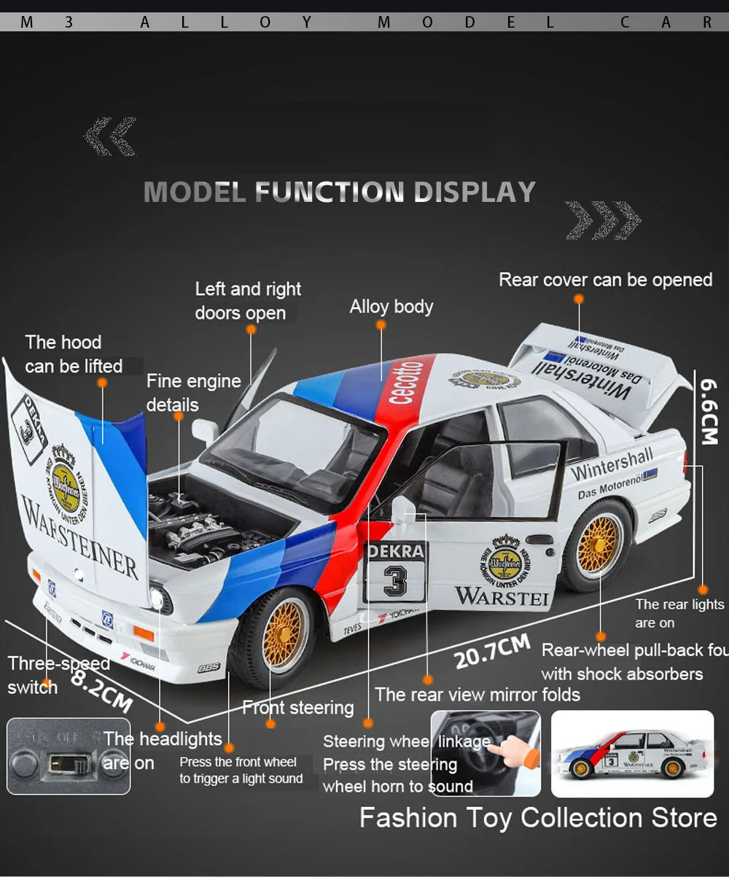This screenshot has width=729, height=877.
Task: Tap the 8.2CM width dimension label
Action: click(x=102, y=690)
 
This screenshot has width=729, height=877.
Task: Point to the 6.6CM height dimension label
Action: click(x=709, y=410)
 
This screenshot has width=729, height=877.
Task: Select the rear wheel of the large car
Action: click(x=599, y=545)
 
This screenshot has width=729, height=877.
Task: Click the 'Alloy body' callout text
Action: click(x=391, y=306)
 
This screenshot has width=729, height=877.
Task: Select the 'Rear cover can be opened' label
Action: click(x=605, y=280)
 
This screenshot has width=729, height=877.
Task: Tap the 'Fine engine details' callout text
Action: click(x=193, y=392)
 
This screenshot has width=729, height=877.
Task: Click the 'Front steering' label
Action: click(x=297, y=707)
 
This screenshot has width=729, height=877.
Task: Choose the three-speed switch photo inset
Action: click(x=68, y=756)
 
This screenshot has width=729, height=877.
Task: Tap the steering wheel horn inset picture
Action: click(x=486, y=753)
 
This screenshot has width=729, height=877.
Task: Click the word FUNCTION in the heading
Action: click(x=328, y=192)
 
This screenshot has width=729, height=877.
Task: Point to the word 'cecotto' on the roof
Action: click(x=405, y=383)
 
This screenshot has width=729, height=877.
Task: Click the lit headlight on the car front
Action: click(x=156, y=597)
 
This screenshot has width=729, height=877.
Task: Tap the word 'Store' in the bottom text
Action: click(x=675, y=817)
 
